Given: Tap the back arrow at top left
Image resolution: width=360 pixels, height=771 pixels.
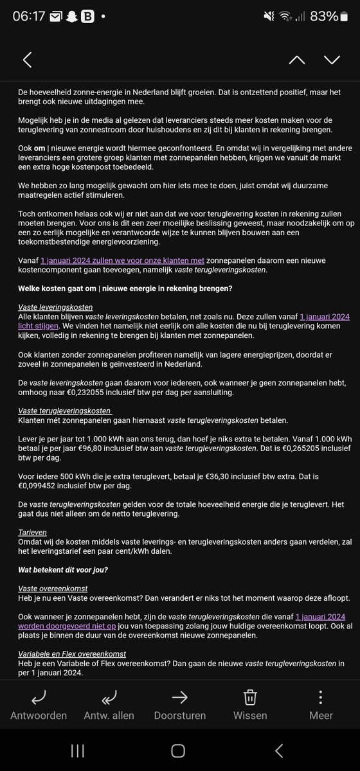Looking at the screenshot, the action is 27,60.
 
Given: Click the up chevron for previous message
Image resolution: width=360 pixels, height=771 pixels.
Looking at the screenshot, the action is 296,60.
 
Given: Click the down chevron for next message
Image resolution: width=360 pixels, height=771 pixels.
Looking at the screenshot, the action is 332,60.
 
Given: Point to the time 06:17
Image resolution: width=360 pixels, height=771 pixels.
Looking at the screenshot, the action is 29,16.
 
